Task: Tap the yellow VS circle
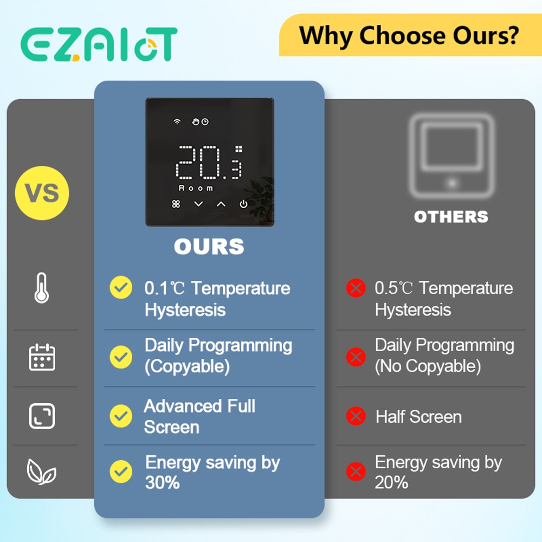pyautogui.click(x=42, y=193)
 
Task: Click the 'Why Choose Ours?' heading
pyautogui.click(x=410, y=35)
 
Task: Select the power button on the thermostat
pyautogui.click(x=243, y=204)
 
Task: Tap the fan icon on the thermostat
pyautogui.click(x=176, y=204)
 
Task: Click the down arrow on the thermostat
pyautogui.click(x=198, y=204)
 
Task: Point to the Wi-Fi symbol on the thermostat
pyautogui.click(x=177, y=122)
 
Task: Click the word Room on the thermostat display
pyautogui.click(x=196, y=188)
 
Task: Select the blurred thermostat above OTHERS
pyautogui.click(x=451, y=156)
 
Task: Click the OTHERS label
pyautogui.click(x=451, y=217)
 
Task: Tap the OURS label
pyautogui.click(x=209, y=247)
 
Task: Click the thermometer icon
pyautogui.click(x=42, y=288)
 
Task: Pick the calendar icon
pyautogui.click(x=42, y=357)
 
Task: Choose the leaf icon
pyautogui.click(x=42, y=472)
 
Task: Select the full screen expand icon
pyautogui.click(x=42, y=416)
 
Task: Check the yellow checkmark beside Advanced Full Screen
pyautogui.click(x=121, y=416)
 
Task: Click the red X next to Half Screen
pyautogui.click(x=356, y=416)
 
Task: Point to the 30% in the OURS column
pyautogui.click(x=162, y=482)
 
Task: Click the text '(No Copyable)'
pyautogui.click(x=428, y=366)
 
